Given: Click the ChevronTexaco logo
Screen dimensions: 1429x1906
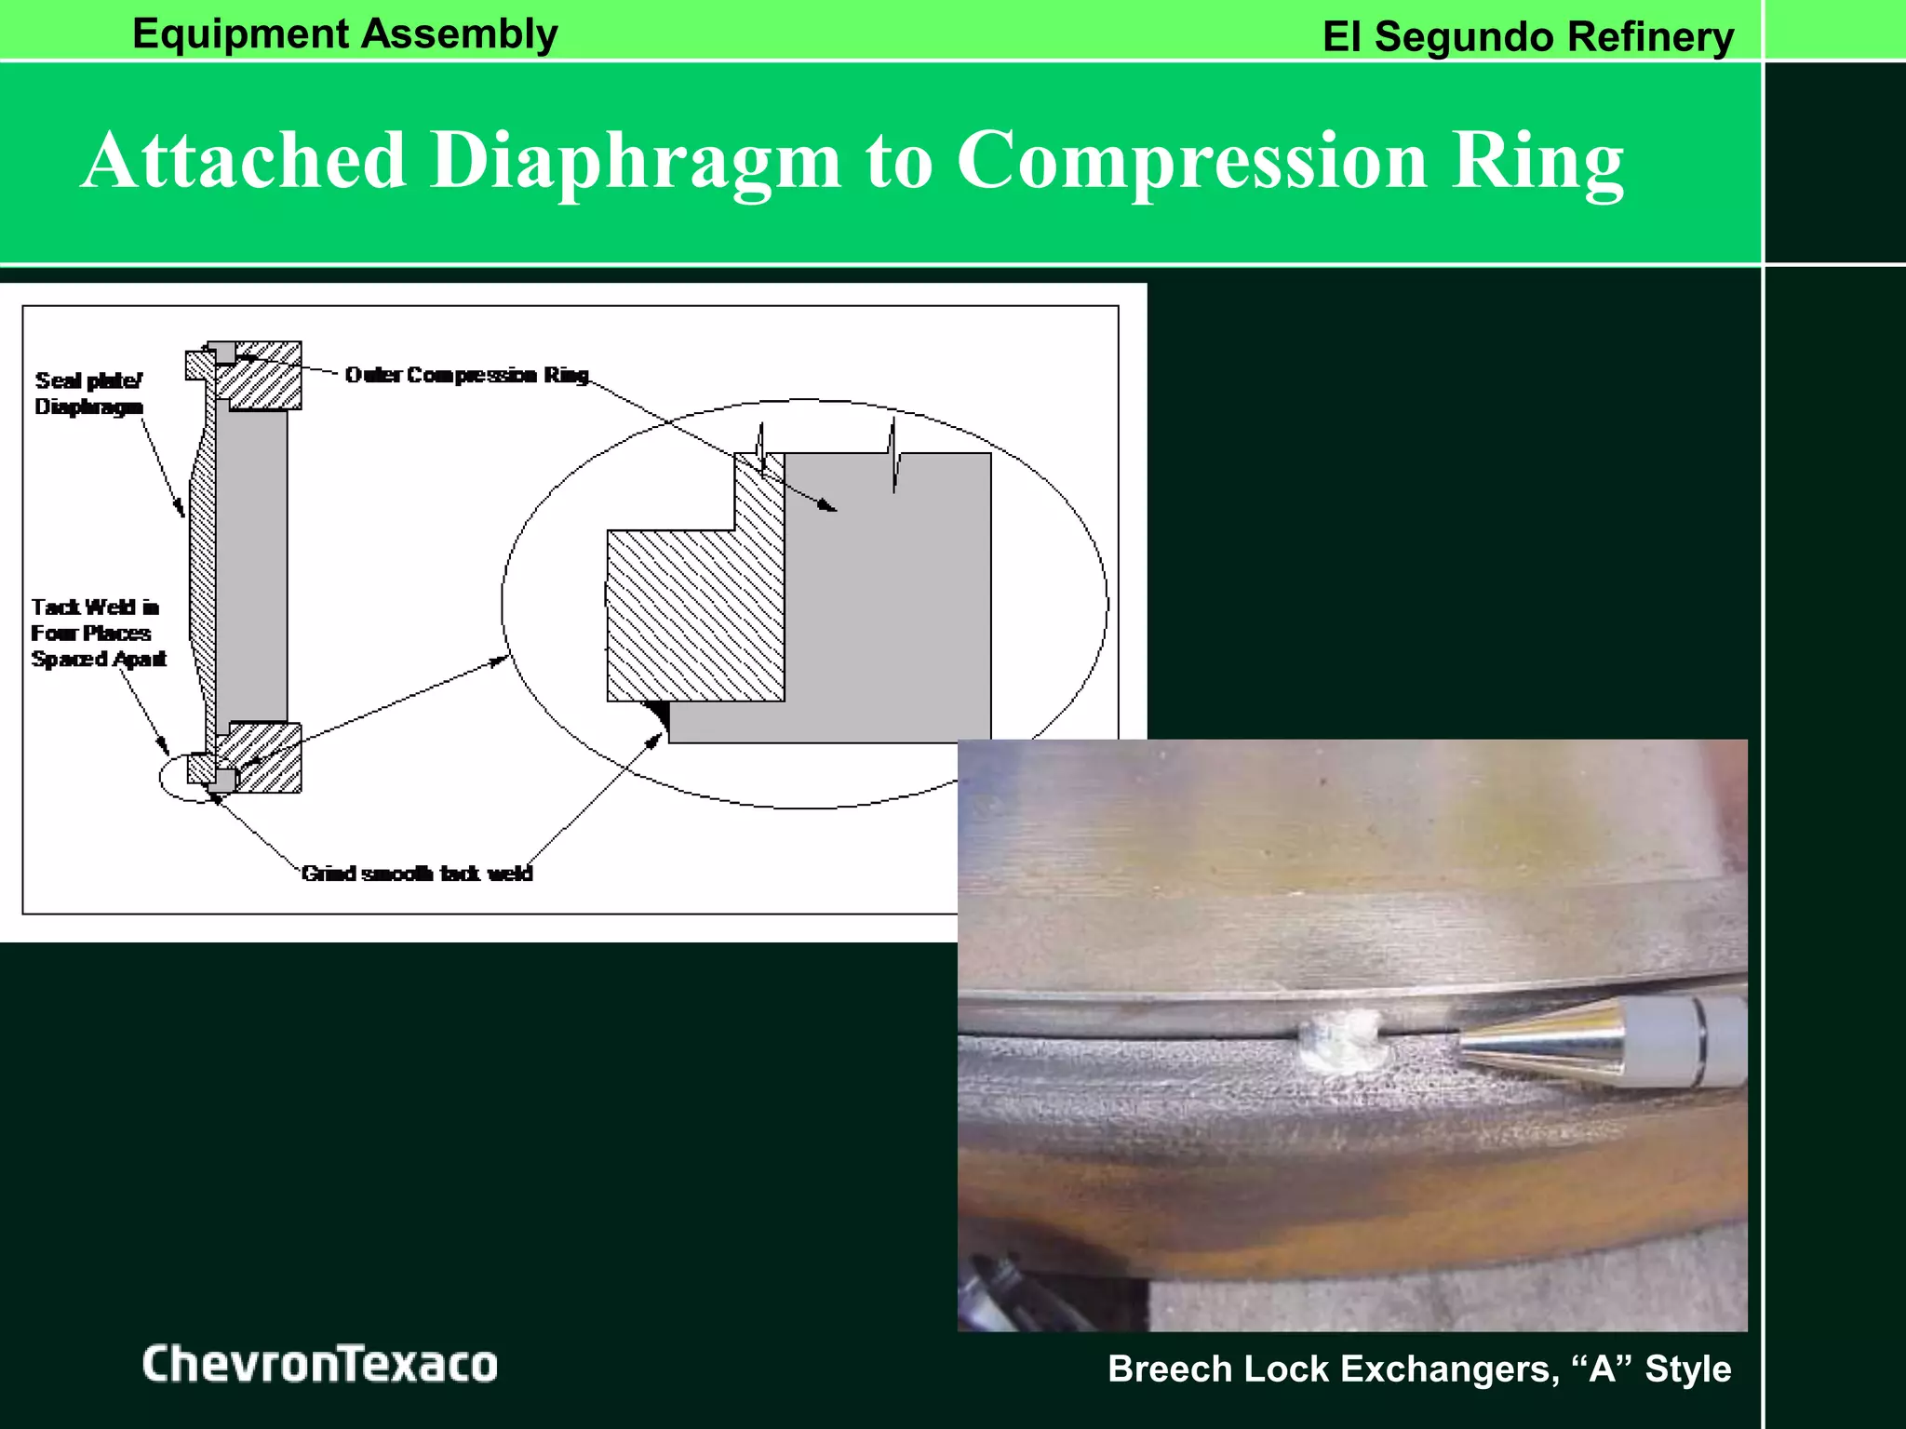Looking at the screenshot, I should tap(319, 1364).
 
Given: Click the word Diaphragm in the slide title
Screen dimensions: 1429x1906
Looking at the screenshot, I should tap(636, 160).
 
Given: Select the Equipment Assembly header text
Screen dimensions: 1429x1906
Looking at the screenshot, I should tap(344, 33).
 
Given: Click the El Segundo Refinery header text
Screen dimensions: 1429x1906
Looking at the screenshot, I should tap(1527, 37).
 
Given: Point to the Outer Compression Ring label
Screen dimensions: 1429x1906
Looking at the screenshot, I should tap(466, 375).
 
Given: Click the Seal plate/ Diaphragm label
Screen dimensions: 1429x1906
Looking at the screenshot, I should tap(88, 394).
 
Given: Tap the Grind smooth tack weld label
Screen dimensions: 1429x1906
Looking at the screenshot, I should tap(417, 873).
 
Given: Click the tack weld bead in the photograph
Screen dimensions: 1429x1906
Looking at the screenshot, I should tap(1343, 1040).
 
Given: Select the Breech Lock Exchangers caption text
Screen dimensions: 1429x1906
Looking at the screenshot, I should tap(1418, 1369).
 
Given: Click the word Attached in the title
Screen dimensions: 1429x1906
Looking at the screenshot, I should tap(244, 160).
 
